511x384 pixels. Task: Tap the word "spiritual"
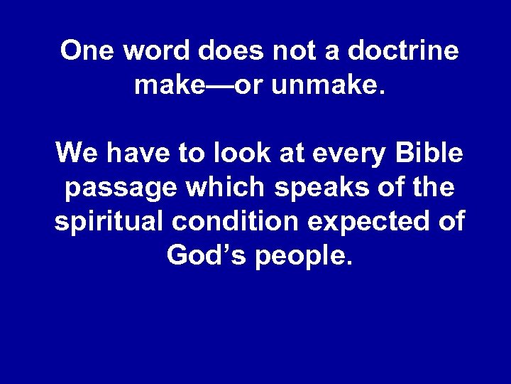pos(109,222)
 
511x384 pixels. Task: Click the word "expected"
pos(377,222)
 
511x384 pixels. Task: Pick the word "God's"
pos(199,255)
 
